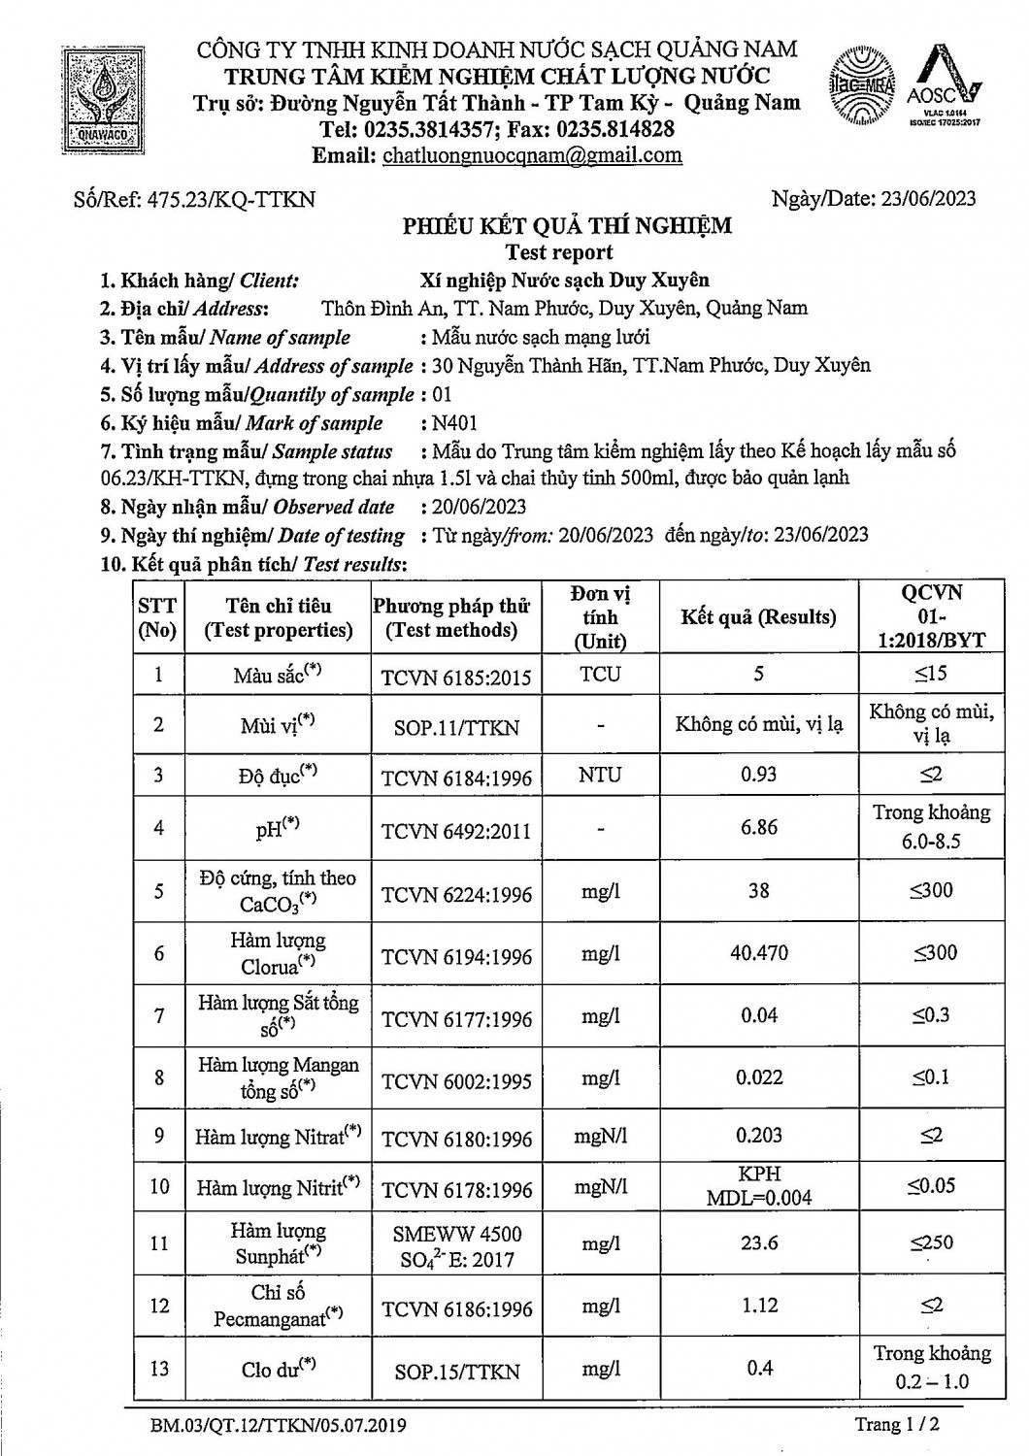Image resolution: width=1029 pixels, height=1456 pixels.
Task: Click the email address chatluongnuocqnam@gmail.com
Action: pyautogui.click(x=532, y=155)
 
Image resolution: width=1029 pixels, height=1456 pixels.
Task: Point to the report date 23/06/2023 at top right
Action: pyautogui.click(x=928, y=199)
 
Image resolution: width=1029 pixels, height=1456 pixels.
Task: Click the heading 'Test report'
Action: pyautogui.click(x=559, y=253)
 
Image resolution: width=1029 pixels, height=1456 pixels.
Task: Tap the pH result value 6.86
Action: pyautogui.click(x=758, y=827)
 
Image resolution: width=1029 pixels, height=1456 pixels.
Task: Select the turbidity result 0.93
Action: pyautogui.click(x=758, y=774)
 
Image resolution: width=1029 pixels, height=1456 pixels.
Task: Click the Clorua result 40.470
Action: pyautogui.click(x=758, y=953)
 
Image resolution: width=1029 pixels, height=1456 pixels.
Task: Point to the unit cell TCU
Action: pyautogui.click(x=600, y=674)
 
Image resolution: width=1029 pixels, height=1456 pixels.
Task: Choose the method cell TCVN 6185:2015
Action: pyautogui.click(x=456, y=677)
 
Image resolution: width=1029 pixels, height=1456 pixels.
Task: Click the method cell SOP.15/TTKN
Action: pyautogui.click(x=456, y=1372)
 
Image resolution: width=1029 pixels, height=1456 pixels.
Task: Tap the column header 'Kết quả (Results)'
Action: pyautogui.click(x=758, y=617)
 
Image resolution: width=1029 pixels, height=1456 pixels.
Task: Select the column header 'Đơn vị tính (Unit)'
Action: pyautogui.click(x=600, y=617)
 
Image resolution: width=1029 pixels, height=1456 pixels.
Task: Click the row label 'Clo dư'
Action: pyautogui.click(x=278, y=1369)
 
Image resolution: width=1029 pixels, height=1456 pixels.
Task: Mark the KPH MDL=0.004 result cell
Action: pyautogui.click(x=758, y=1185)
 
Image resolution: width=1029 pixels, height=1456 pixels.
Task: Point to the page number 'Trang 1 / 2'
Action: pyautogui.click(x=897, y=1424)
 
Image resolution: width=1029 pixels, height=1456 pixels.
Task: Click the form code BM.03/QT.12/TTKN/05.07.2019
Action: pyautogui.click(x=278, y=1426)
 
